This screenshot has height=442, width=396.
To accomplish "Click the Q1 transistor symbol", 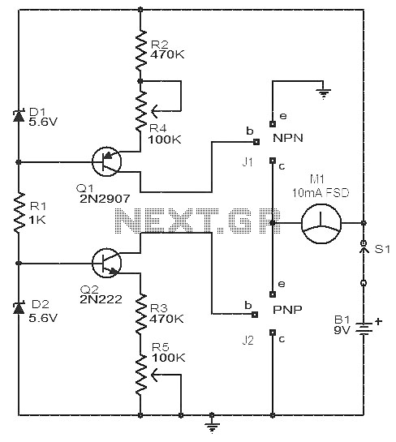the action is tap(106, 161).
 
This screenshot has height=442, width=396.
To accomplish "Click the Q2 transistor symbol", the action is tap(106, 263).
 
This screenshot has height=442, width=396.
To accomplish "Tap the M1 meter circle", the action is tap(321, 223).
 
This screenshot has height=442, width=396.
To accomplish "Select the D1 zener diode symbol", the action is tap(19, 116).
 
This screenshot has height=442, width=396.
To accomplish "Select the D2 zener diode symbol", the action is tap(19, 308).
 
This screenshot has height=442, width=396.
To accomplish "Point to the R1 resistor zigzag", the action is tap(19, 212).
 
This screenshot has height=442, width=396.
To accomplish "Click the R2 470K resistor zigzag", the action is tap(140, 50).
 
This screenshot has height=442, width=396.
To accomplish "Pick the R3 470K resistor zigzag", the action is tap(140, 314).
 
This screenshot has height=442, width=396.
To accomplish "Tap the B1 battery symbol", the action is tap(364, 328).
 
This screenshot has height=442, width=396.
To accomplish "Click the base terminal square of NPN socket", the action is tap(256, 142).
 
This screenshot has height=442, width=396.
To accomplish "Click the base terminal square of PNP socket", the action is tap(255, 315).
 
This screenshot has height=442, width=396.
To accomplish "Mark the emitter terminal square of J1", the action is tap(273, 124).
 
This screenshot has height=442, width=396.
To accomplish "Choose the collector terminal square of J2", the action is tap(273, 333).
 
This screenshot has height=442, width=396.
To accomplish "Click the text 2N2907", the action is tap(105, 199).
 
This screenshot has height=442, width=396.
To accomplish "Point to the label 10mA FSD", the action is tap(321, 193).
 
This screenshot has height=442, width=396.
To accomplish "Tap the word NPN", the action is tap(288, 138).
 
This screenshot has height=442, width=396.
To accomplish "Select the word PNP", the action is tap(287, 310).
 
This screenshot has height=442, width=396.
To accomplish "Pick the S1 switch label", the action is tap(382, 249).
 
